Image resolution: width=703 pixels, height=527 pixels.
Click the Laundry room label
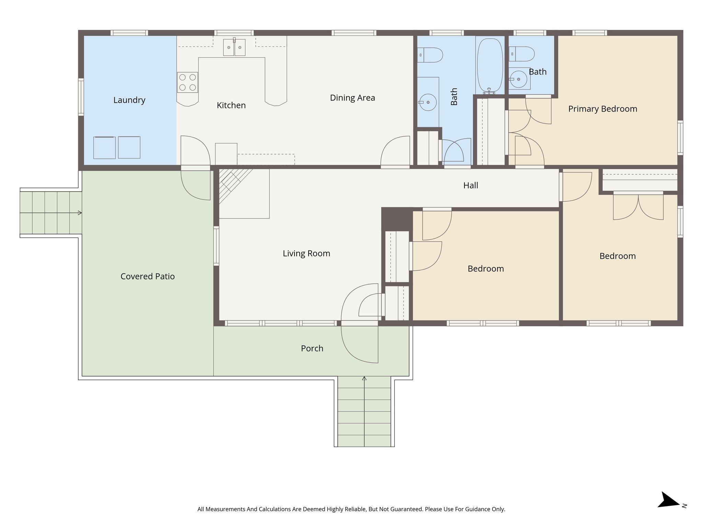pos(129,100)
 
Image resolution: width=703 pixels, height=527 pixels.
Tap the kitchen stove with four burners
pos(187,82)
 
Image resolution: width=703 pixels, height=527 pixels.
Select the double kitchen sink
pos(234,47)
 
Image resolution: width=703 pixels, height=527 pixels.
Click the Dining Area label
pos(352,98)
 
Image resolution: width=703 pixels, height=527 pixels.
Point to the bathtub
pos(490,65)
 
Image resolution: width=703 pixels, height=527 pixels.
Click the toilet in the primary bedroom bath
pos(522,54)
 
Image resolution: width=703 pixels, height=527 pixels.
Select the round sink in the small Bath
pos(518,79)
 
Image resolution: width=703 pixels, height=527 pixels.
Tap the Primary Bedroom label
pos(602,109)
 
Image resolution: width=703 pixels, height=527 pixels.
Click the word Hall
pos(471,186)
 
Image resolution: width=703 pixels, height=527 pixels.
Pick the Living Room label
pos(306,254)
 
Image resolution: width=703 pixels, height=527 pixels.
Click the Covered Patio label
pos(147,277)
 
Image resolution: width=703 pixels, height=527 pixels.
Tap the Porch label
pos(312,349)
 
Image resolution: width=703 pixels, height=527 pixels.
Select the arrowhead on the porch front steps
pos(364,378)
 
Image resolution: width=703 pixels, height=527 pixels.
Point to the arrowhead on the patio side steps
pos(80,213)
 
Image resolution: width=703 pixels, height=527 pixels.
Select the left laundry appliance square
pos(104,148)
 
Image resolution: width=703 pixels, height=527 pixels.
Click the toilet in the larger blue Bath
pos(431,55)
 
